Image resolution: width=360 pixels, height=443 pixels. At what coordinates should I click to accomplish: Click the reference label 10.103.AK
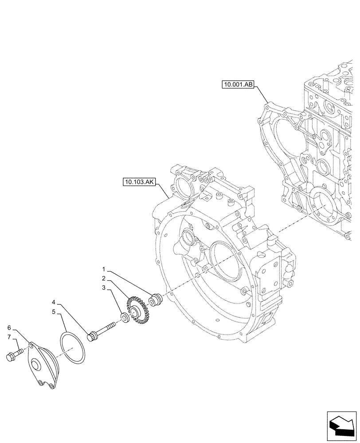[137, 182]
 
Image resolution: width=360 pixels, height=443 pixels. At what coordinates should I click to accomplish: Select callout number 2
[103, 279]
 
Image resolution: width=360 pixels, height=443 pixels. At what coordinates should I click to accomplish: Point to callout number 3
[103, 288]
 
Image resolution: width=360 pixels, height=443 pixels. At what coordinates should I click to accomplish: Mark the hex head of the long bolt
[94, 336]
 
